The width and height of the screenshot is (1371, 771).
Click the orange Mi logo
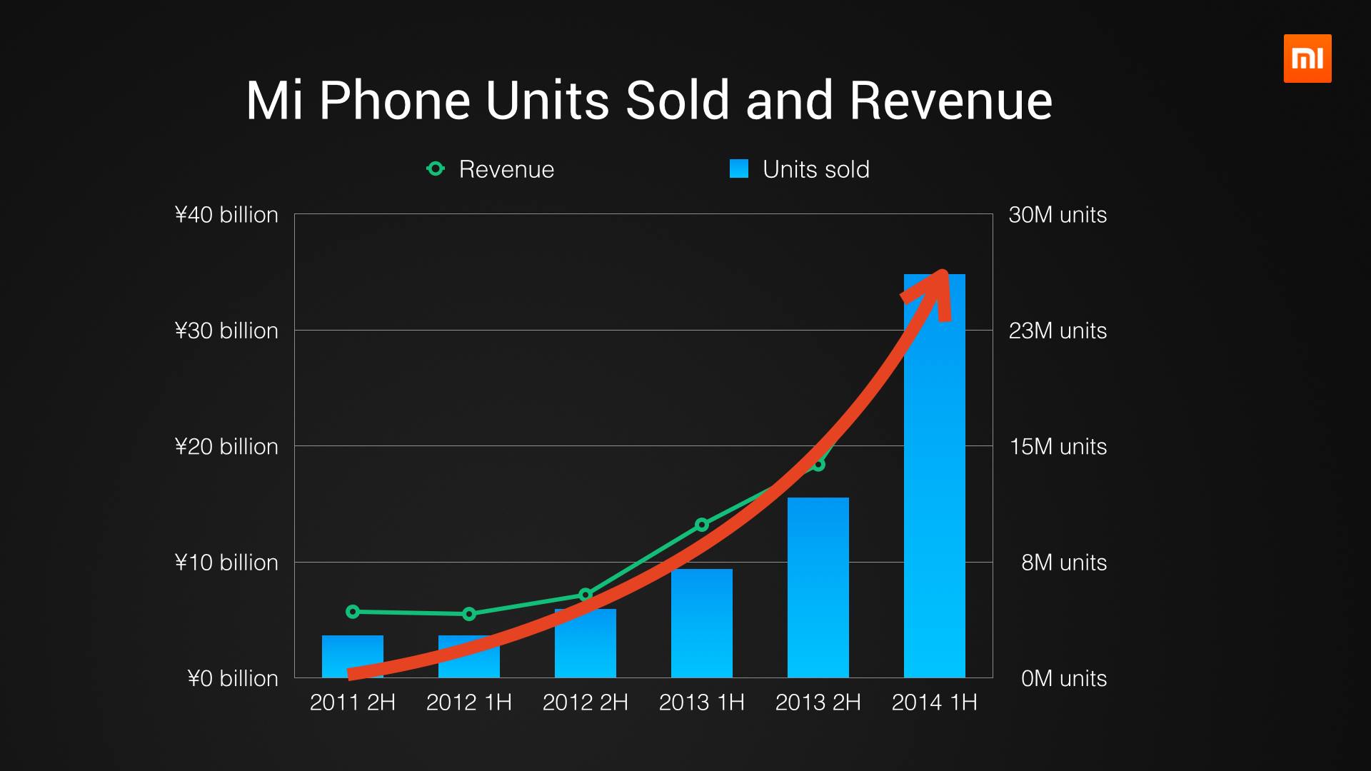tap(1307, 59)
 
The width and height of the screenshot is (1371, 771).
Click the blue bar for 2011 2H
tap(352, 653)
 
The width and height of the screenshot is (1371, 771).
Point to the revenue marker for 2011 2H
tap(352, 612)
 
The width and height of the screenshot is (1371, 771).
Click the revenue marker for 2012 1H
tap(469, 614)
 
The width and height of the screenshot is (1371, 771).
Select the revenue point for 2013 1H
tap(701, 525)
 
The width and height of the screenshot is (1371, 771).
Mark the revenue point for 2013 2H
tap(818, 465)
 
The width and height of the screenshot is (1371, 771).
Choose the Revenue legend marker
tap(435, 169)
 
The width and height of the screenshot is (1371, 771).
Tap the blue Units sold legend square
tap(739, 169)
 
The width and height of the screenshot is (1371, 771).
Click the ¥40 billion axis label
tap(226, 215)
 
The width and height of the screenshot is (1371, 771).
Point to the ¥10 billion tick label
tap(226, 563)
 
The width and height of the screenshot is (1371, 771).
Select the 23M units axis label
tap(1058, 331)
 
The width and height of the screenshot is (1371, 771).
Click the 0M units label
tap(1063, 678)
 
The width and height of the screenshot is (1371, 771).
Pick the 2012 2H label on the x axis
tap(585, 702)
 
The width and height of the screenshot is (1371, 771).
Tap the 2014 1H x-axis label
tap(934, 702)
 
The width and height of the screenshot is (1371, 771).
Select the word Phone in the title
tap(394, 101)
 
